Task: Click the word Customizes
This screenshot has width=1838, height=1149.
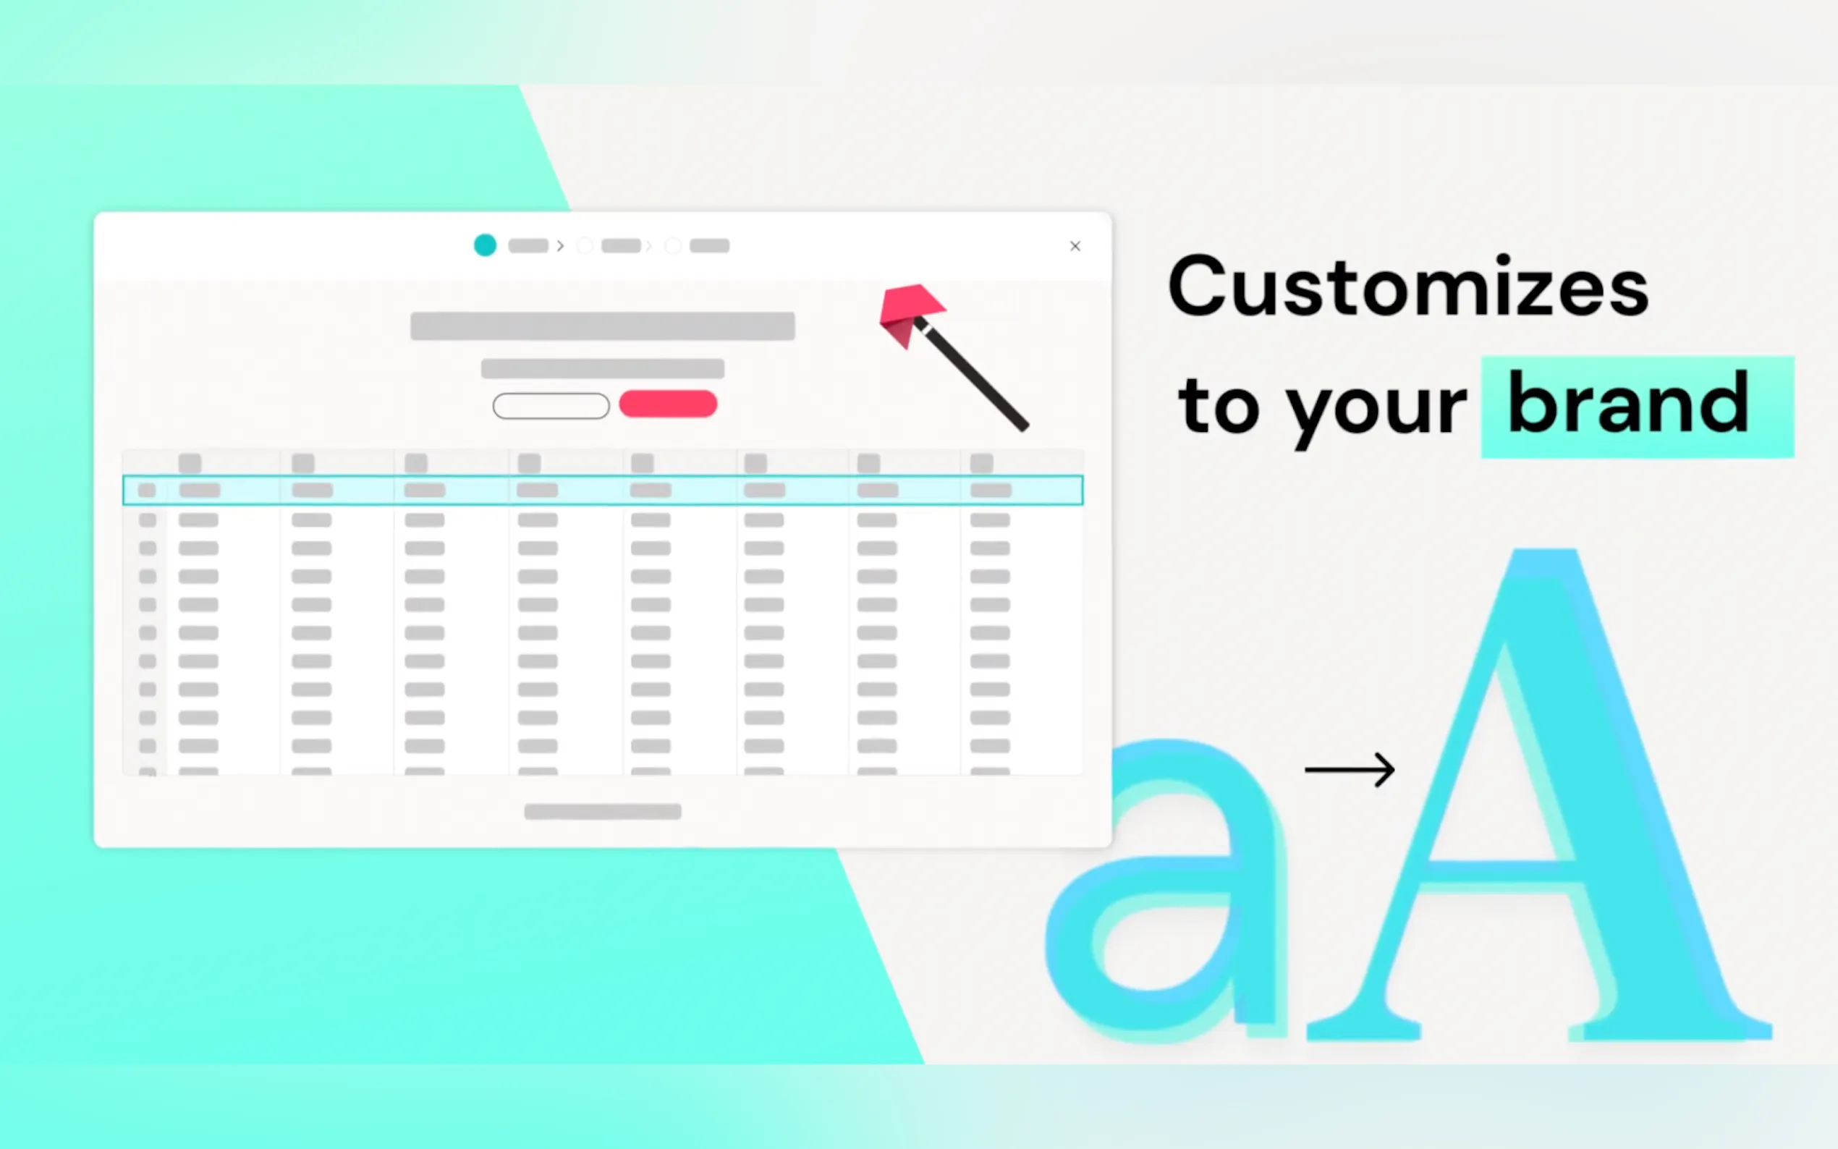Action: click(x=1408, y=287)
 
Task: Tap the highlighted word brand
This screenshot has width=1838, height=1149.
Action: click(x=1627, y=403)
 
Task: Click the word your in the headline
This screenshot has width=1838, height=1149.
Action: click(x=1376, y=414)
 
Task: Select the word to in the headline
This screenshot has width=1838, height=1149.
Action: click(x=1217, y=407)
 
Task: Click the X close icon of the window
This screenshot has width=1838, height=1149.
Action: click(x=1075, y=246)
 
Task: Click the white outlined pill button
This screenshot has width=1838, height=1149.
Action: click(x=551, y=406)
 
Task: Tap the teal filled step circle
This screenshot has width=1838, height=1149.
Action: click(x=485, y=245)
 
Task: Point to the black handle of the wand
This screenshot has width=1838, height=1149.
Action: click(x=974, y=376)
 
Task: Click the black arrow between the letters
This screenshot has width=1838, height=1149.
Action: click(x=1350, y=770)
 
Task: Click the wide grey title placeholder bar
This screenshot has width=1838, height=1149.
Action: click(x=603, y=326)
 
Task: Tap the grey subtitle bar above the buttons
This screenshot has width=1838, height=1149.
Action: click(x=603, y=368)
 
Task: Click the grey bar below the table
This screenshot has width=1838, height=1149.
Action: click(x=603, y=812)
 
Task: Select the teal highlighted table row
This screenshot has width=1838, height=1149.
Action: click(x=603, y=490)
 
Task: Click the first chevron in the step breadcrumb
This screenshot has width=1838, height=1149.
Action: click(x=561, y=246)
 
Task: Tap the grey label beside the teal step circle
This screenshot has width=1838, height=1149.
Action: click(x=528, y=246)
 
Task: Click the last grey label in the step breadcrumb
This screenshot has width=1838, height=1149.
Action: click(x=710, y=246)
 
